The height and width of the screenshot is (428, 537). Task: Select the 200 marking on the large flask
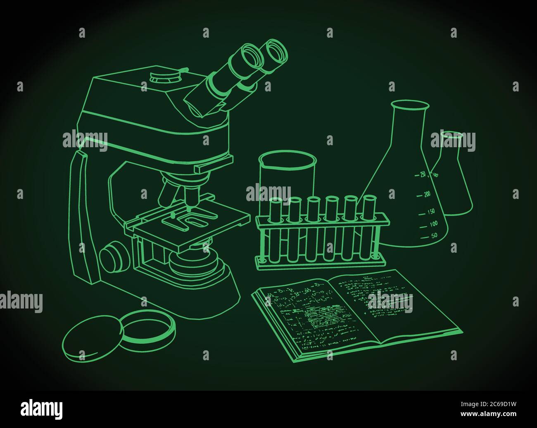[x=427, y=194]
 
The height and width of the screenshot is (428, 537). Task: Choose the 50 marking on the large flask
[x=434, y=236]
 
